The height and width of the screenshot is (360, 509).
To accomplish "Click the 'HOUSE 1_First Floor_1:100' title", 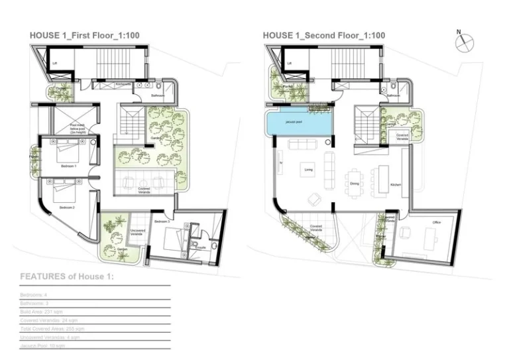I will [x=84, y=35].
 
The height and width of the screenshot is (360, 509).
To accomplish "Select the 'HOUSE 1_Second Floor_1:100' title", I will [x=323, y=35].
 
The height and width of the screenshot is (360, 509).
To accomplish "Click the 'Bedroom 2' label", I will [x=66, y=208].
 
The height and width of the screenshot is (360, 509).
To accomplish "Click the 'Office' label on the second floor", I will [x=436, y=223].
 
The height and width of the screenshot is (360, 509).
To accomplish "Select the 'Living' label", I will [x=308, y=170].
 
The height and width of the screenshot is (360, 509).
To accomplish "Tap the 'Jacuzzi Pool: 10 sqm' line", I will [x=42, y=345].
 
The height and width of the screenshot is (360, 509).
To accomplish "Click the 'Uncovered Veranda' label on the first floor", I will [x=137, y=233].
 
